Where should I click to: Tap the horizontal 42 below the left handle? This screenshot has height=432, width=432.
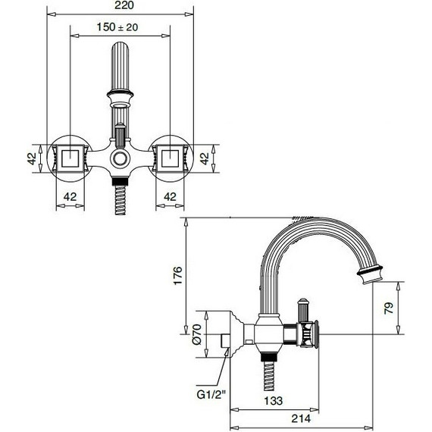click(70, 196)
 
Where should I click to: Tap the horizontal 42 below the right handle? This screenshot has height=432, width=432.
click(170, 196)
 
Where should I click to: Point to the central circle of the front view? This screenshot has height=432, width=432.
click(120, 159)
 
